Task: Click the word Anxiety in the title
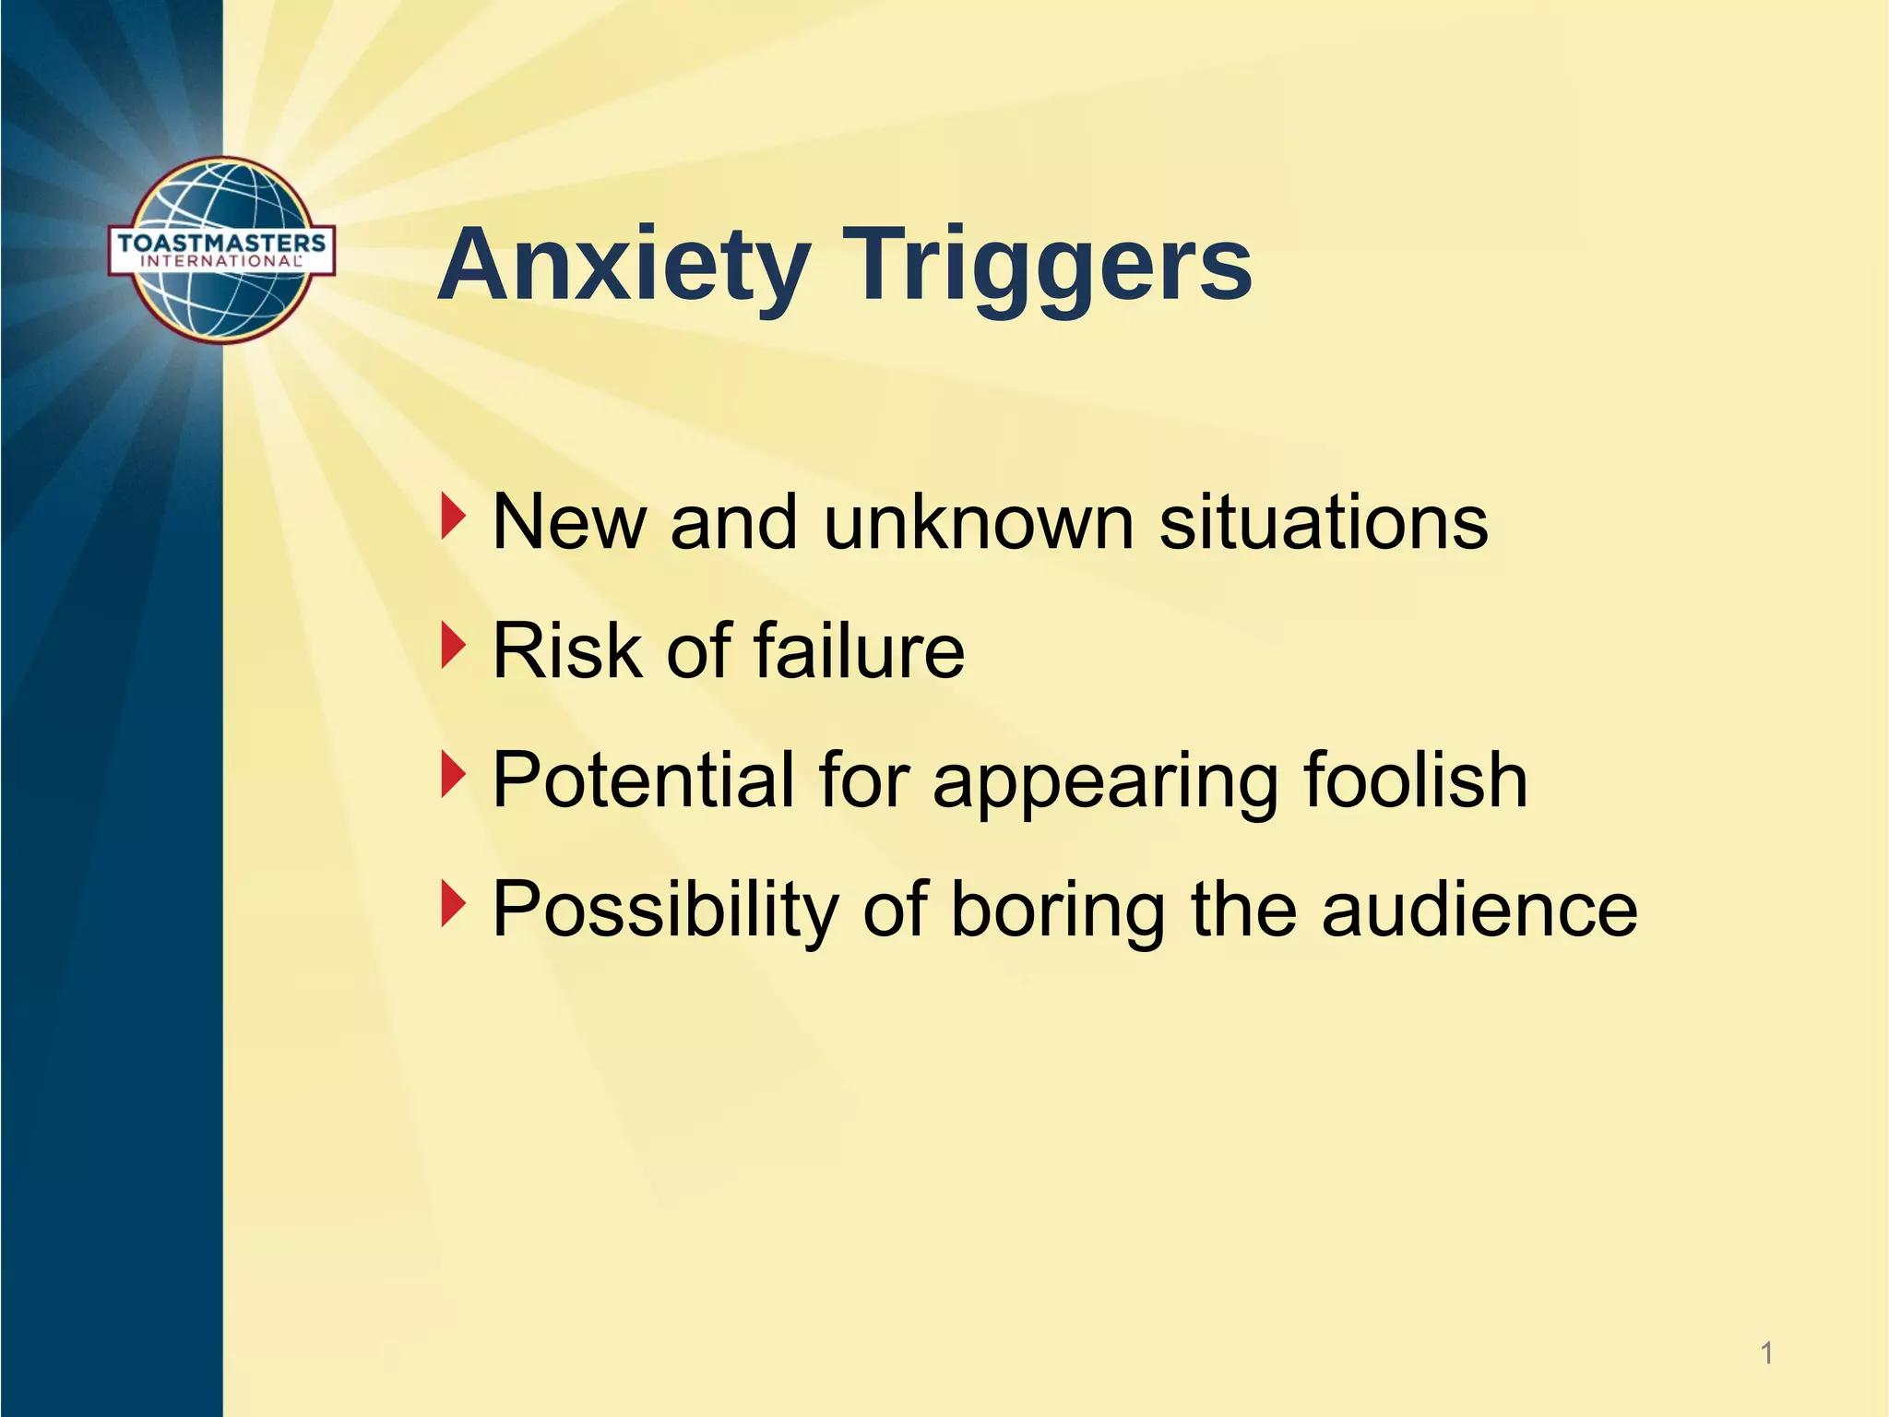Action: (624, 266)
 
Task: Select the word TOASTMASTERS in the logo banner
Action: (221, 243)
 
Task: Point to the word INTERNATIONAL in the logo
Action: (221, 261)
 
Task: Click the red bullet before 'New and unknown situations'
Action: (452, 517)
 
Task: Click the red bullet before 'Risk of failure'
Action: (452, 646)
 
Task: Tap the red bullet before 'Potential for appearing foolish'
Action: (452, 775)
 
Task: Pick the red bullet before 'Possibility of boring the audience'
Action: (452, 904)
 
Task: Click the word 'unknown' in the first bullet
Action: (978, 523)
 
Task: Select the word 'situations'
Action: (1323, 523)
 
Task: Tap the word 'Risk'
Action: (567, 651)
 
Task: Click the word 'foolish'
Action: (1415, 780)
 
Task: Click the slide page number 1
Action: (1766, 1354)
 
